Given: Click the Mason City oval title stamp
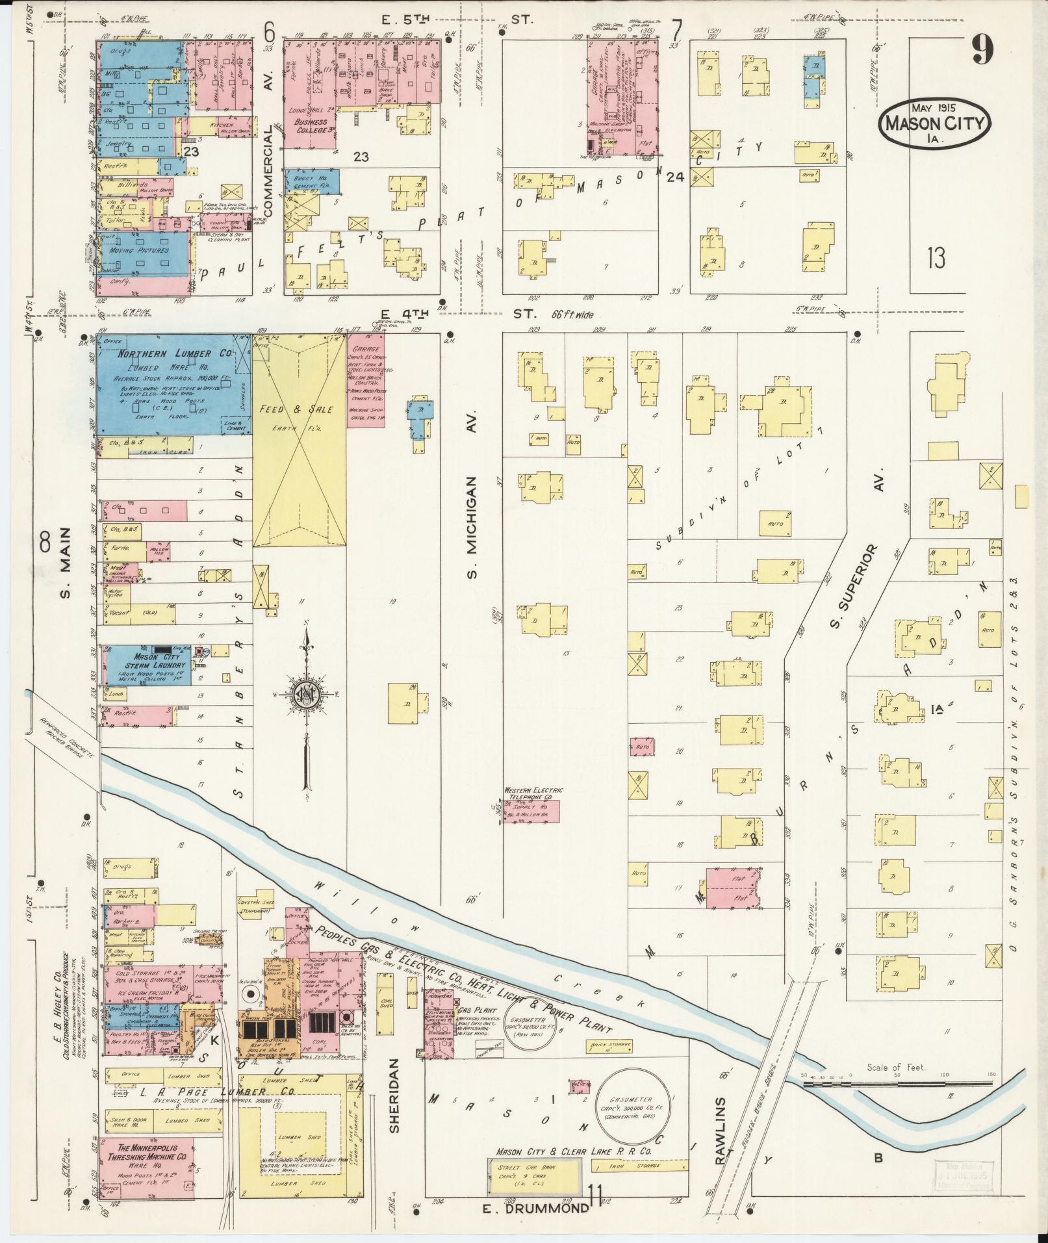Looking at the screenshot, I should tap(934, 122).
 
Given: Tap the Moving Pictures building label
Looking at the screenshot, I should tap(139, 250).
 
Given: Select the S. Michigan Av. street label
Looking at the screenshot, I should tap(472, 526).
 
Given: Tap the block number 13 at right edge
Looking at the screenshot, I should tap(936, 258).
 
